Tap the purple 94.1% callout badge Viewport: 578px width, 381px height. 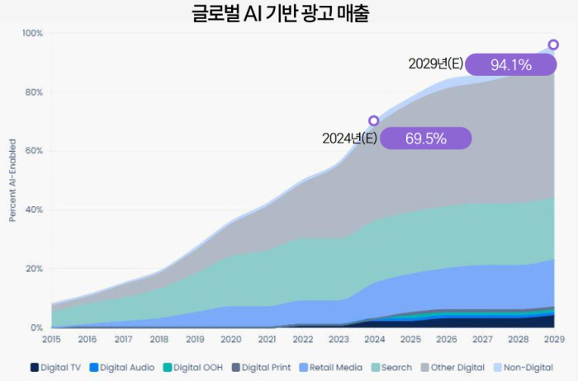[509, 64]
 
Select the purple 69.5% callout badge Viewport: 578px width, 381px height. [425, 139]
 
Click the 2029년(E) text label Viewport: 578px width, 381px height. [435, 64]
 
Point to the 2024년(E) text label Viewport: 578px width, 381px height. [349, 139]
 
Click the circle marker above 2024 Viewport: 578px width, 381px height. [373, 121]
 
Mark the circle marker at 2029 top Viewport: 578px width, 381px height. [553, 45]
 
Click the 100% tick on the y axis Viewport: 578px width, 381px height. [32, 33]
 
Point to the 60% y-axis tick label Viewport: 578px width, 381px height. [34, 151]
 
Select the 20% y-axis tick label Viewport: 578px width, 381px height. [34, 269]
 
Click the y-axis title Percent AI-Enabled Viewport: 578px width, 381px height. [12, 181]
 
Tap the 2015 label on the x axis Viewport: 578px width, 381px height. [51, 339]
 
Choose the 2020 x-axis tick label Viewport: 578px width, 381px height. [230, 339]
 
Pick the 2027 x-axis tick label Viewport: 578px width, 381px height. [481, 339]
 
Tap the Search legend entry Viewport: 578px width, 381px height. [392, 367]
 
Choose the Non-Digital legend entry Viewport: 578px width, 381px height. [524, 367]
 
